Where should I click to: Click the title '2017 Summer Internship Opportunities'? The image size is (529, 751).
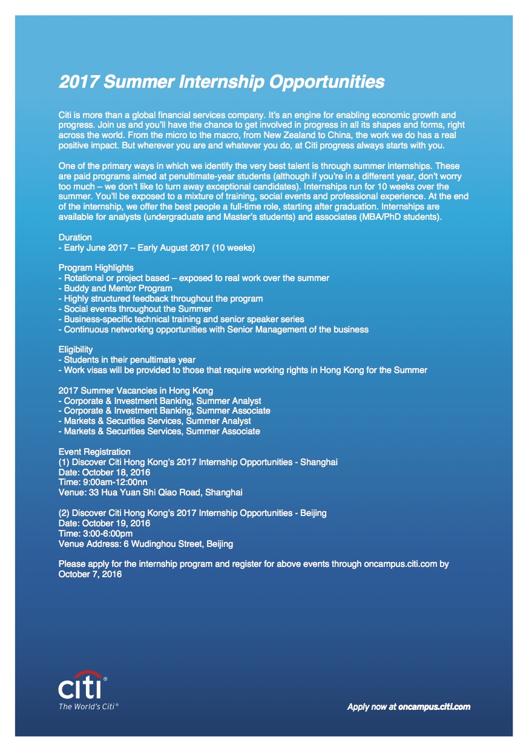point(221,82)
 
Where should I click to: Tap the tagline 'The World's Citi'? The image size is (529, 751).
point(88,706)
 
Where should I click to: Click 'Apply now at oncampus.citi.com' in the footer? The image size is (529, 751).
point(409,706)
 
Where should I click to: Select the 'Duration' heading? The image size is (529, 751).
point(75,238)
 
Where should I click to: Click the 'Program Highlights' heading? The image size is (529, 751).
point(96,268)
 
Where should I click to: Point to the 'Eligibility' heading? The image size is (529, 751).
point(76,349)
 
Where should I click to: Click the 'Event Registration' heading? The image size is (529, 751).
point(94,452)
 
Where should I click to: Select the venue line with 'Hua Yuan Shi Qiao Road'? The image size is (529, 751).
point(150,493)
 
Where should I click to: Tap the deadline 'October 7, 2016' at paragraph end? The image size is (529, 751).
point(90,574)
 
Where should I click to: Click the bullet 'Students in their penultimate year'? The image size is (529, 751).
point(127,360)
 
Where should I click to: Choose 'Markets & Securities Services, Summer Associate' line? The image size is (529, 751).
point(159,431)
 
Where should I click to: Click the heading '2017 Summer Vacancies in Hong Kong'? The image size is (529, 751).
point(136,391)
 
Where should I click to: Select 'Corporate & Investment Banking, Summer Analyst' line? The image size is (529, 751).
point(160,401)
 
